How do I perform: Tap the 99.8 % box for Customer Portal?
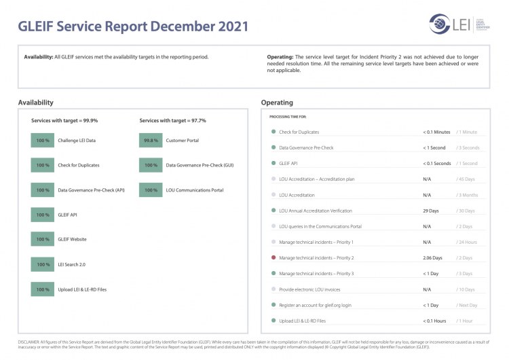(x=150, y=141)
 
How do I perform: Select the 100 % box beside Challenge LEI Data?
(x=43, y=141)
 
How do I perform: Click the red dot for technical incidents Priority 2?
(x=273, y=258)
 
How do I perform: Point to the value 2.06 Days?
(x=432, y=258)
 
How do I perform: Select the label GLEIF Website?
(x=72, y=239)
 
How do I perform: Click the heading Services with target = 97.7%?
(x=172, y=120)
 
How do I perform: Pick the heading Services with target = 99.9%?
(x=64, y=120)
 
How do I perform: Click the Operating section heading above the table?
(x=277, y=103)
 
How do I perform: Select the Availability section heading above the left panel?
(x=36, y=103)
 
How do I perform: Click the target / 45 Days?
(x=466, y=179)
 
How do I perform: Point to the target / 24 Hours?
(x=467, y=242)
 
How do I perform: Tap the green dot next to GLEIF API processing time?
(x=273, y=164)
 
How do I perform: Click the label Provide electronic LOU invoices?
(x=312, y=289)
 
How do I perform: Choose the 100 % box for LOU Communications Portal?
(x=150, y=190)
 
